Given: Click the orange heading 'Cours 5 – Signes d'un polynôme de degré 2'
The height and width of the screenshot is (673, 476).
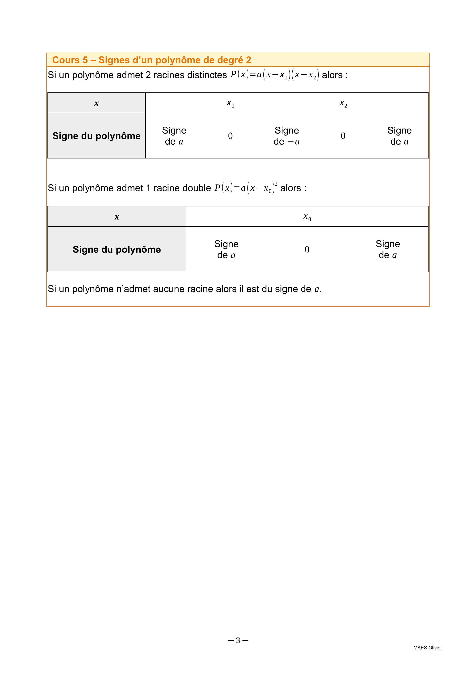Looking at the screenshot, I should [x=152, y=60].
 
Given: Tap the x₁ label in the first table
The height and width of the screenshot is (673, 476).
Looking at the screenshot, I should [x=231, y=103].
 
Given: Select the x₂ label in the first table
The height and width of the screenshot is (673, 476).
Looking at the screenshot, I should [x=343, y=103].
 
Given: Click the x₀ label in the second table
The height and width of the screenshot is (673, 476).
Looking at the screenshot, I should [x=307, y=217].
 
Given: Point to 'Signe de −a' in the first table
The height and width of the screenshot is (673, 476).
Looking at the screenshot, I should [x=287, y=136].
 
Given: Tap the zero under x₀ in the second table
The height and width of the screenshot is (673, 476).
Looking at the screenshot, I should [x=307, y=249].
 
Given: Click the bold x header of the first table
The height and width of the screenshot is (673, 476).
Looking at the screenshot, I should [x=97, y=103].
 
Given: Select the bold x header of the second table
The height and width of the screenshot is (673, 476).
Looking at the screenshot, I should [x=117, y=217].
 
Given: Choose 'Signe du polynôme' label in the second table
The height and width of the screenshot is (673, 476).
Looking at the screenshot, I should [x=117, y=249].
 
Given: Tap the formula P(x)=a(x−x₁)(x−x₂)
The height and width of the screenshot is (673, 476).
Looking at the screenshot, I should [x=274, y=75].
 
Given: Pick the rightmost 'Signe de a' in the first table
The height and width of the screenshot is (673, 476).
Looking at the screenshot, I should [x=399, y=136].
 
